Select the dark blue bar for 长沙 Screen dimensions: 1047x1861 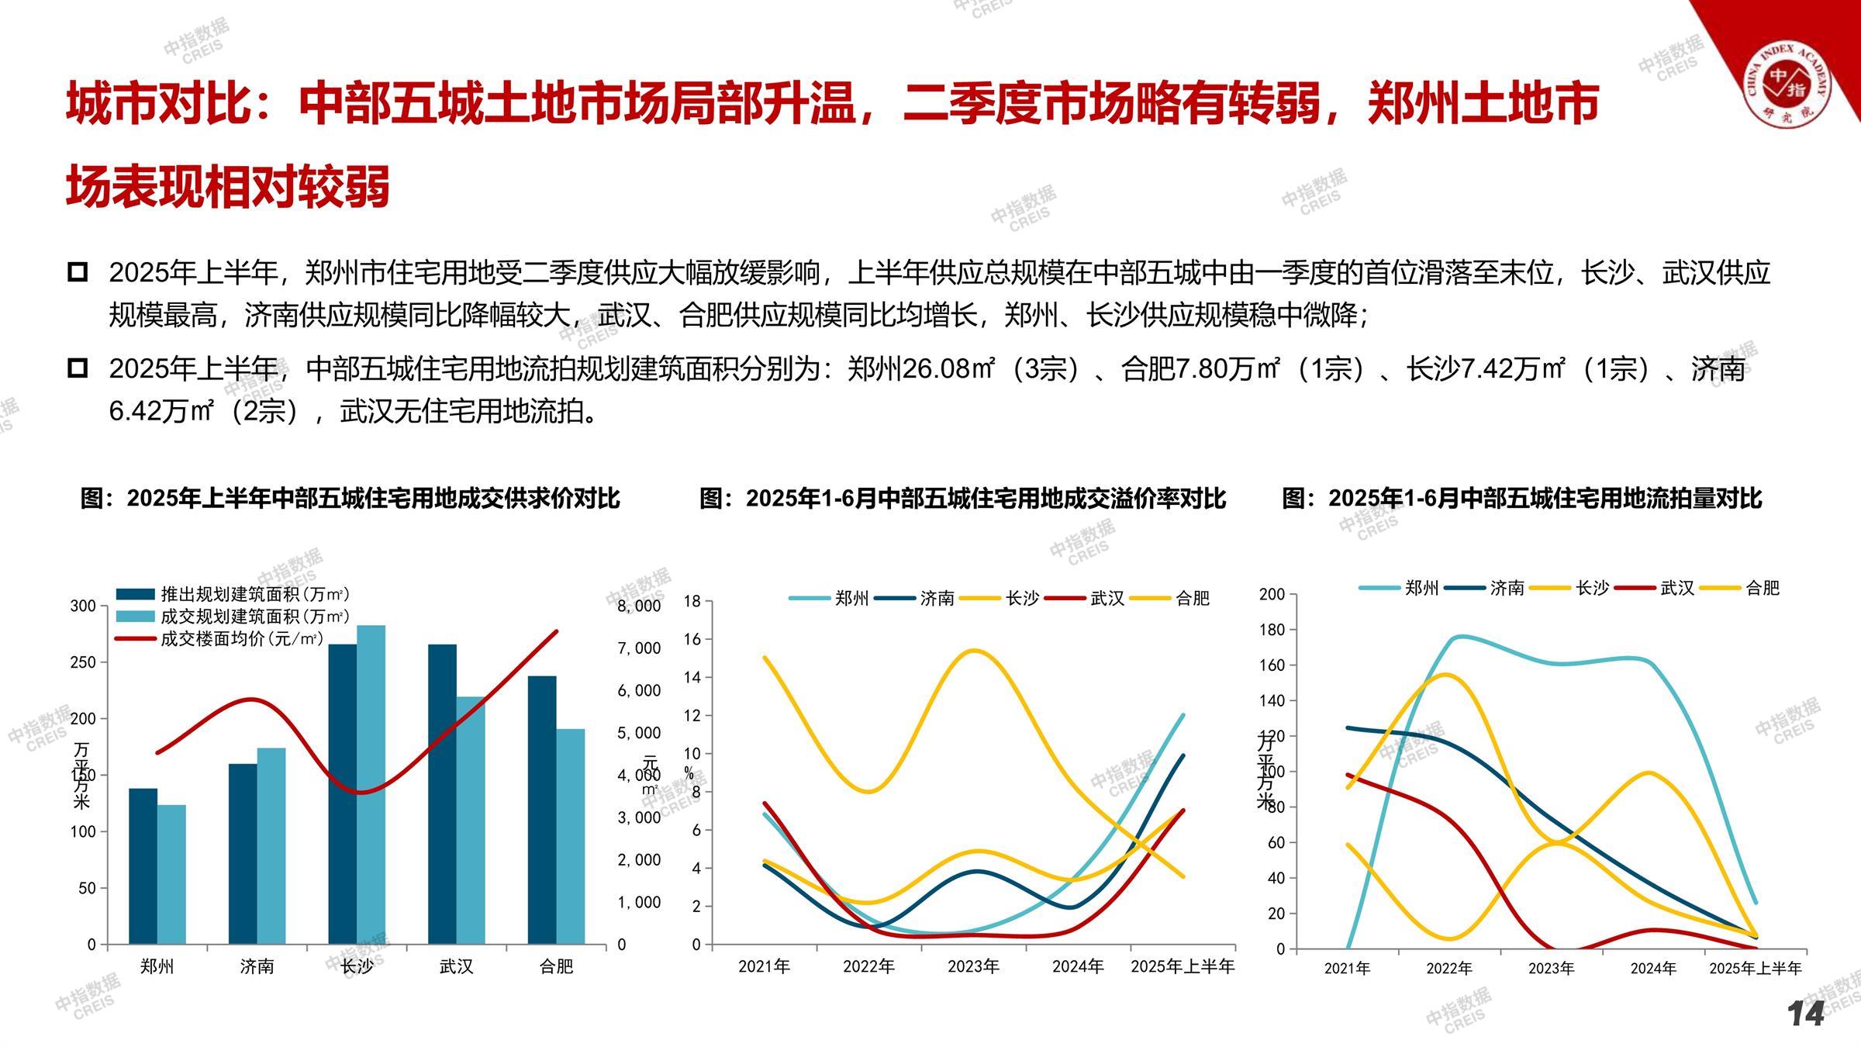pyautogui.click(x=343, y=794)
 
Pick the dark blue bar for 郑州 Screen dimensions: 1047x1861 pyautogui.click(x=143, y=866)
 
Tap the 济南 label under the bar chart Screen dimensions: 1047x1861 pyautogui.click(x=257, y=966)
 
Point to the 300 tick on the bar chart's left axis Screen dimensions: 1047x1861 pyautogui.click(x=83, y=606)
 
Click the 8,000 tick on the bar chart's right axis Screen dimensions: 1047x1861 pyautogui.click(x=639, y=606)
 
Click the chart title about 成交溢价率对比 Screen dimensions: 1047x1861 pyautogui.click(x=962, y=498)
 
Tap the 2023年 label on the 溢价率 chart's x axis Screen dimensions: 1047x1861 pyautogui.click(x=973, y=966)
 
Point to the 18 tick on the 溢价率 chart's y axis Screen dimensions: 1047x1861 pyautogui.click(x=692, y=601)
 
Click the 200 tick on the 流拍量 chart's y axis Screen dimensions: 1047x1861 pyautogui.click(x=1272, y=594)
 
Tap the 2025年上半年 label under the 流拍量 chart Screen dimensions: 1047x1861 pyautogui.click(x=1756, y=969)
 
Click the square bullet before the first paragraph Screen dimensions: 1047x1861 pyautogui.click(x=78, y=272)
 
